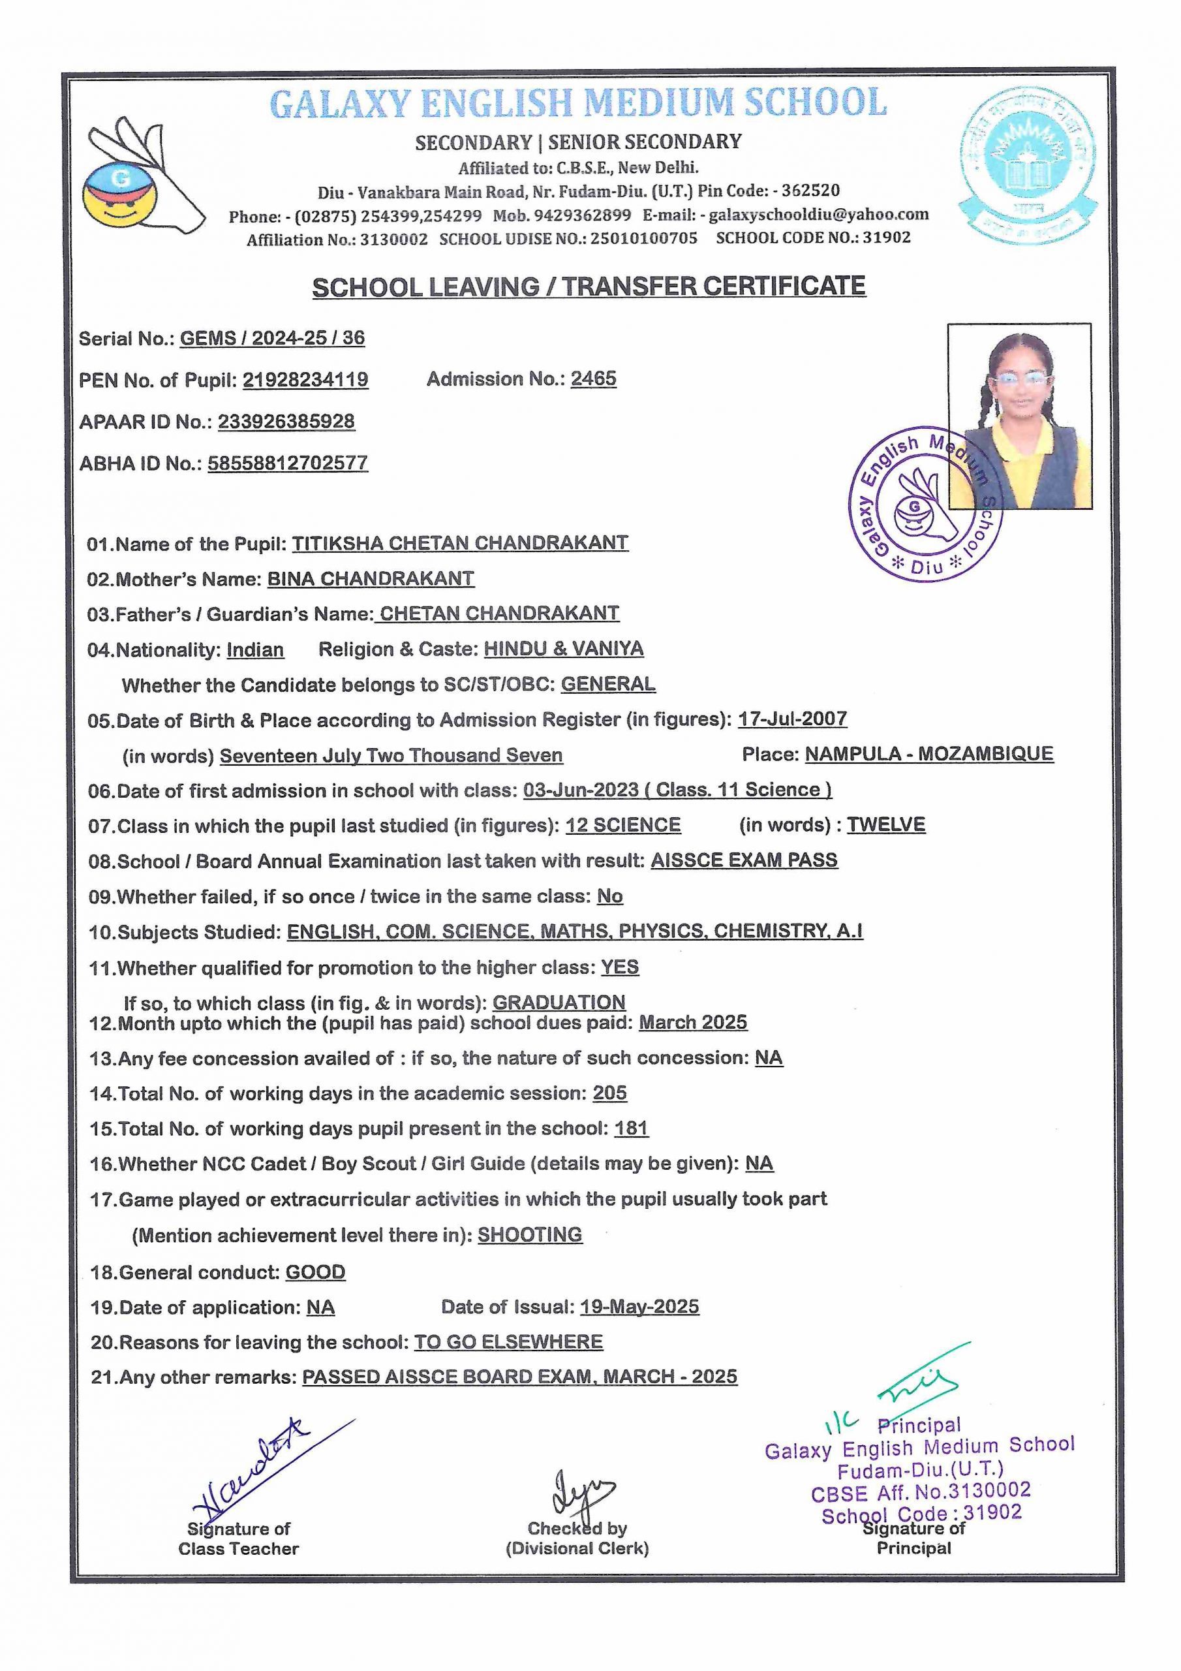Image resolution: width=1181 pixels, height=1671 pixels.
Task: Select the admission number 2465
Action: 593,379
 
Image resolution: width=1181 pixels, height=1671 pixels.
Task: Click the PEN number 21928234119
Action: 305,380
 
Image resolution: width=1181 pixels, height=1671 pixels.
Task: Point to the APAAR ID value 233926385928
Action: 286,422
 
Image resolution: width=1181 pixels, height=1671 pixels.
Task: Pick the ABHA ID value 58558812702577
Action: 288,463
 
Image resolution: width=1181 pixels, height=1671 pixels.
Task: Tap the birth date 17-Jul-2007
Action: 791,719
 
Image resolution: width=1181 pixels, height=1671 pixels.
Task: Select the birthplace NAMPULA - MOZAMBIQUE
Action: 928,754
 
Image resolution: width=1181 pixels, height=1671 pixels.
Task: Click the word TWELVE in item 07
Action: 885,824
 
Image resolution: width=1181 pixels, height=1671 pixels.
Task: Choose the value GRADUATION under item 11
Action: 559,1002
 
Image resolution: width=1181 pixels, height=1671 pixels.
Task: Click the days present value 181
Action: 630,1129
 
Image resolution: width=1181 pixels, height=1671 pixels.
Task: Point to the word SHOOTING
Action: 530,1235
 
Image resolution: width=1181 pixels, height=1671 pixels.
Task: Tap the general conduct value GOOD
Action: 315,1272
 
